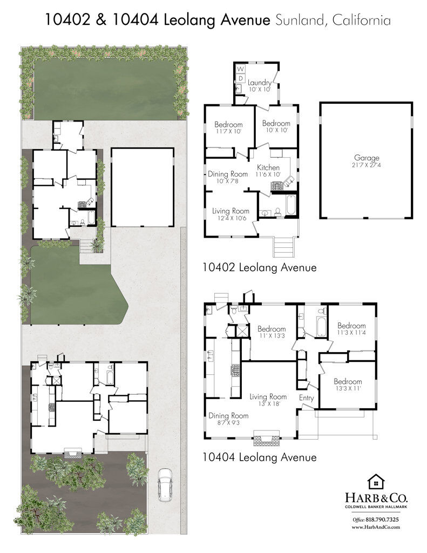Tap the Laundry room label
tap(259, 86)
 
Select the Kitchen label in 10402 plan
tap(268, 171)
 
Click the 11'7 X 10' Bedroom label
tap(228, 127)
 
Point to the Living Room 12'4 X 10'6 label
tap(231, 214)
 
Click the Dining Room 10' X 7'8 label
tap(228, 177)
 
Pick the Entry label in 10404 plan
tap(307, 397)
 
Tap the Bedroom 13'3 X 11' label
tap(348, 384)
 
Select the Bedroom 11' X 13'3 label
tap(271, 332)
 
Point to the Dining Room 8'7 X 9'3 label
tap(228, 419)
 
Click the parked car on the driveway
tap(165, 484)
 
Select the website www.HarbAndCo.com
tap(376, 527)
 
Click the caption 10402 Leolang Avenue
tap(259, 267)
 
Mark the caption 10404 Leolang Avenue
tap(259, 457)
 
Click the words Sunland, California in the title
tap(333, 21)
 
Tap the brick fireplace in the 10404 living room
tap(267, 439)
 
